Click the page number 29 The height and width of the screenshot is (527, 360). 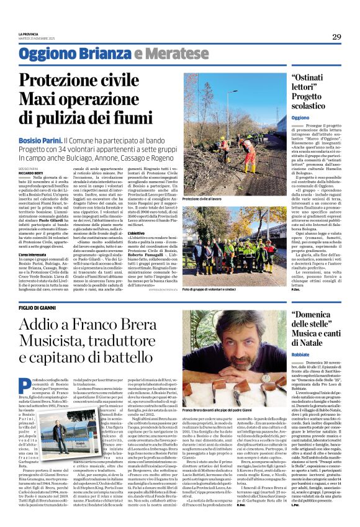(336, 37)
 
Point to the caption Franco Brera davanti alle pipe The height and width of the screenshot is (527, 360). (217, 411)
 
